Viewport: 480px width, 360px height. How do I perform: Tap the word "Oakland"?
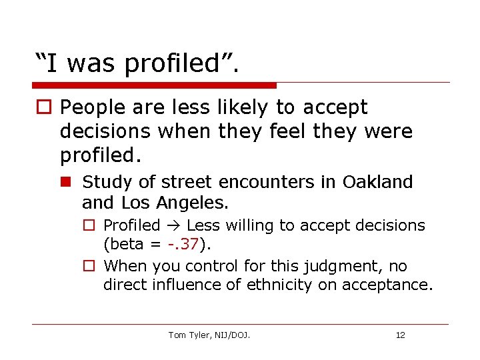tap(378, 181)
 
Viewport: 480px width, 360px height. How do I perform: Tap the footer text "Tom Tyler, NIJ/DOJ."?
tap(209, 335)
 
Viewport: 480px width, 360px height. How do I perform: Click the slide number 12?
tap(400, 335)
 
